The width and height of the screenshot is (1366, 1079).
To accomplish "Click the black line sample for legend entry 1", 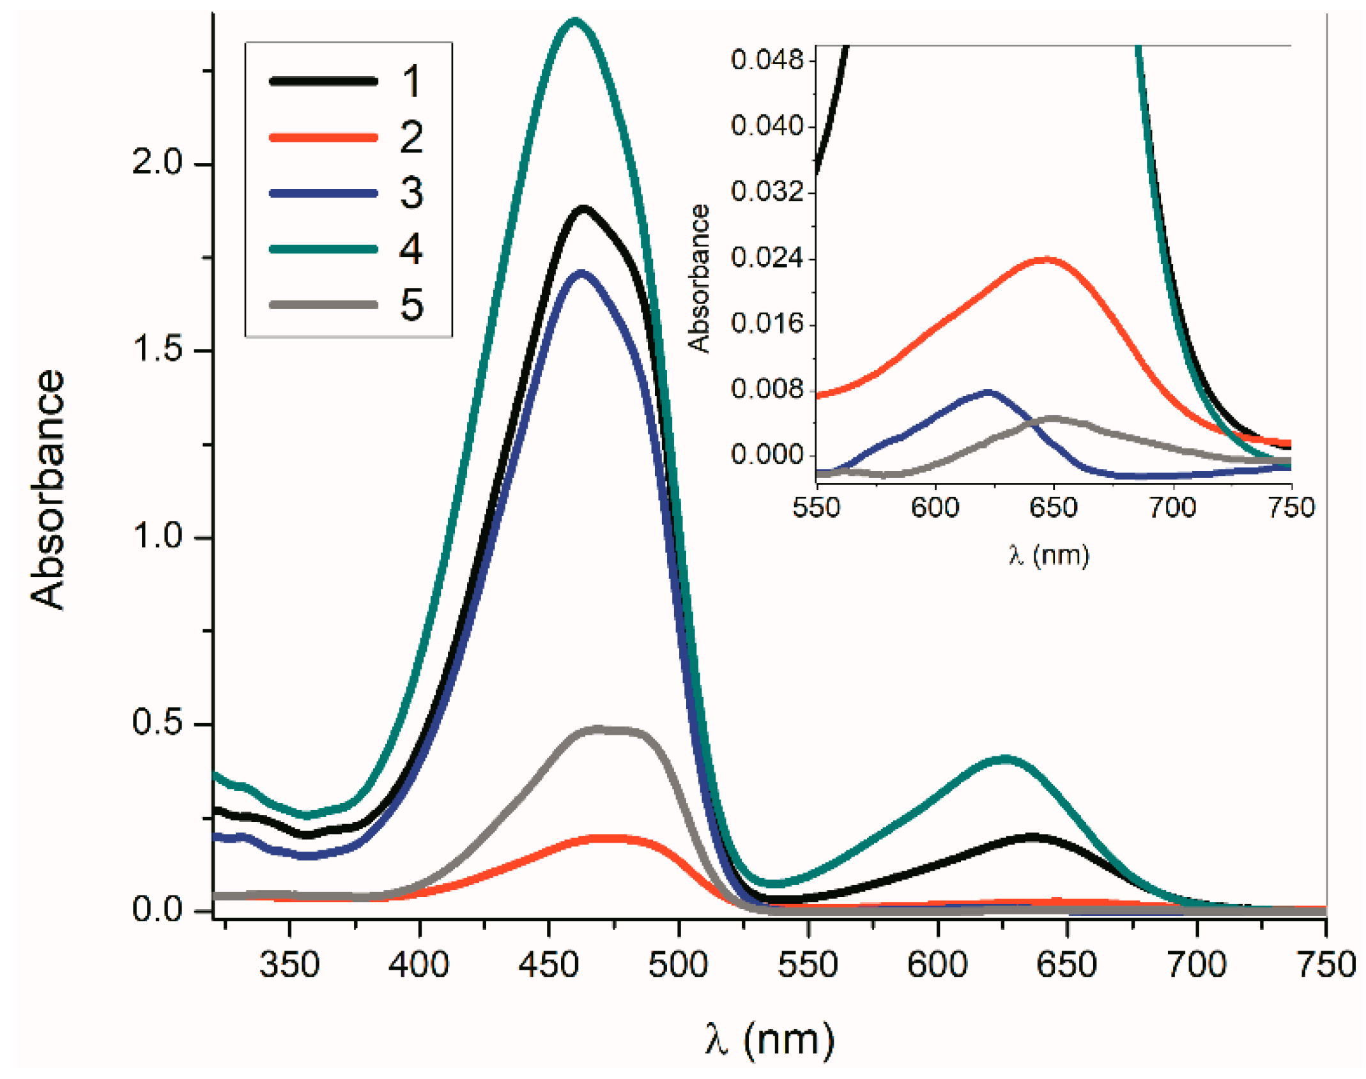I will [323, 81].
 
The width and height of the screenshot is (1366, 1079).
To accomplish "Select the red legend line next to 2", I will [323, 137].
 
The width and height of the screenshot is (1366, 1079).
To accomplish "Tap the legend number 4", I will [411, 249].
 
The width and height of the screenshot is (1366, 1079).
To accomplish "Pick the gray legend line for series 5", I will [323, 305].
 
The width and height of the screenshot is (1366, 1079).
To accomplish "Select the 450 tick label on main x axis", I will [548, 965].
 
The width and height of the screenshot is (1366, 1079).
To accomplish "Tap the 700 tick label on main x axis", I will [1196, 965].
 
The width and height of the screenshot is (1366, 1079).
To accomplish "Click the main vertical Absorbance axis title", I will [48, 489].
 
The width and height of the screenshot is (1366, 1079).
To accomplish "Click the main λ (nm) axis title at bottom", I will [770, 1039].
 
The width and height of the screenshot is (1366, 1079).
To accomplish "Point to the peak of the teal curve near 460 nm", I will [575, 21].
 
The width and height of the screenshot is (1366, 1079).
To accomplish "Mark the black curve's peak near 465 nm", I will [583, 208].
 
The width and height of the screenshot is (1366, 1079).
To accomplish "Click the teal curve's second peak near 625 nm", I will [1004, 760].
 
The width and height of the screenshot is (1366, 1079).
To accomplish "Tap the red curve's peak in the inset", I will [1045, 259].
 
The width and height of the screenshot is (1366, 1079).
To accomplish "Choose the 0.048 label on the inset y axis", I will [766, 60].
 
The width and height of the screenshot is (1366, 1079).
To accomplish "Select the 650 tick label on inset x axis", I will [1053, 509].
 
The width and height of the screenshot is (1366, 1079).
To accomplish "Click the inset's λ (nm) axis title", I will [1048, 555].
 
